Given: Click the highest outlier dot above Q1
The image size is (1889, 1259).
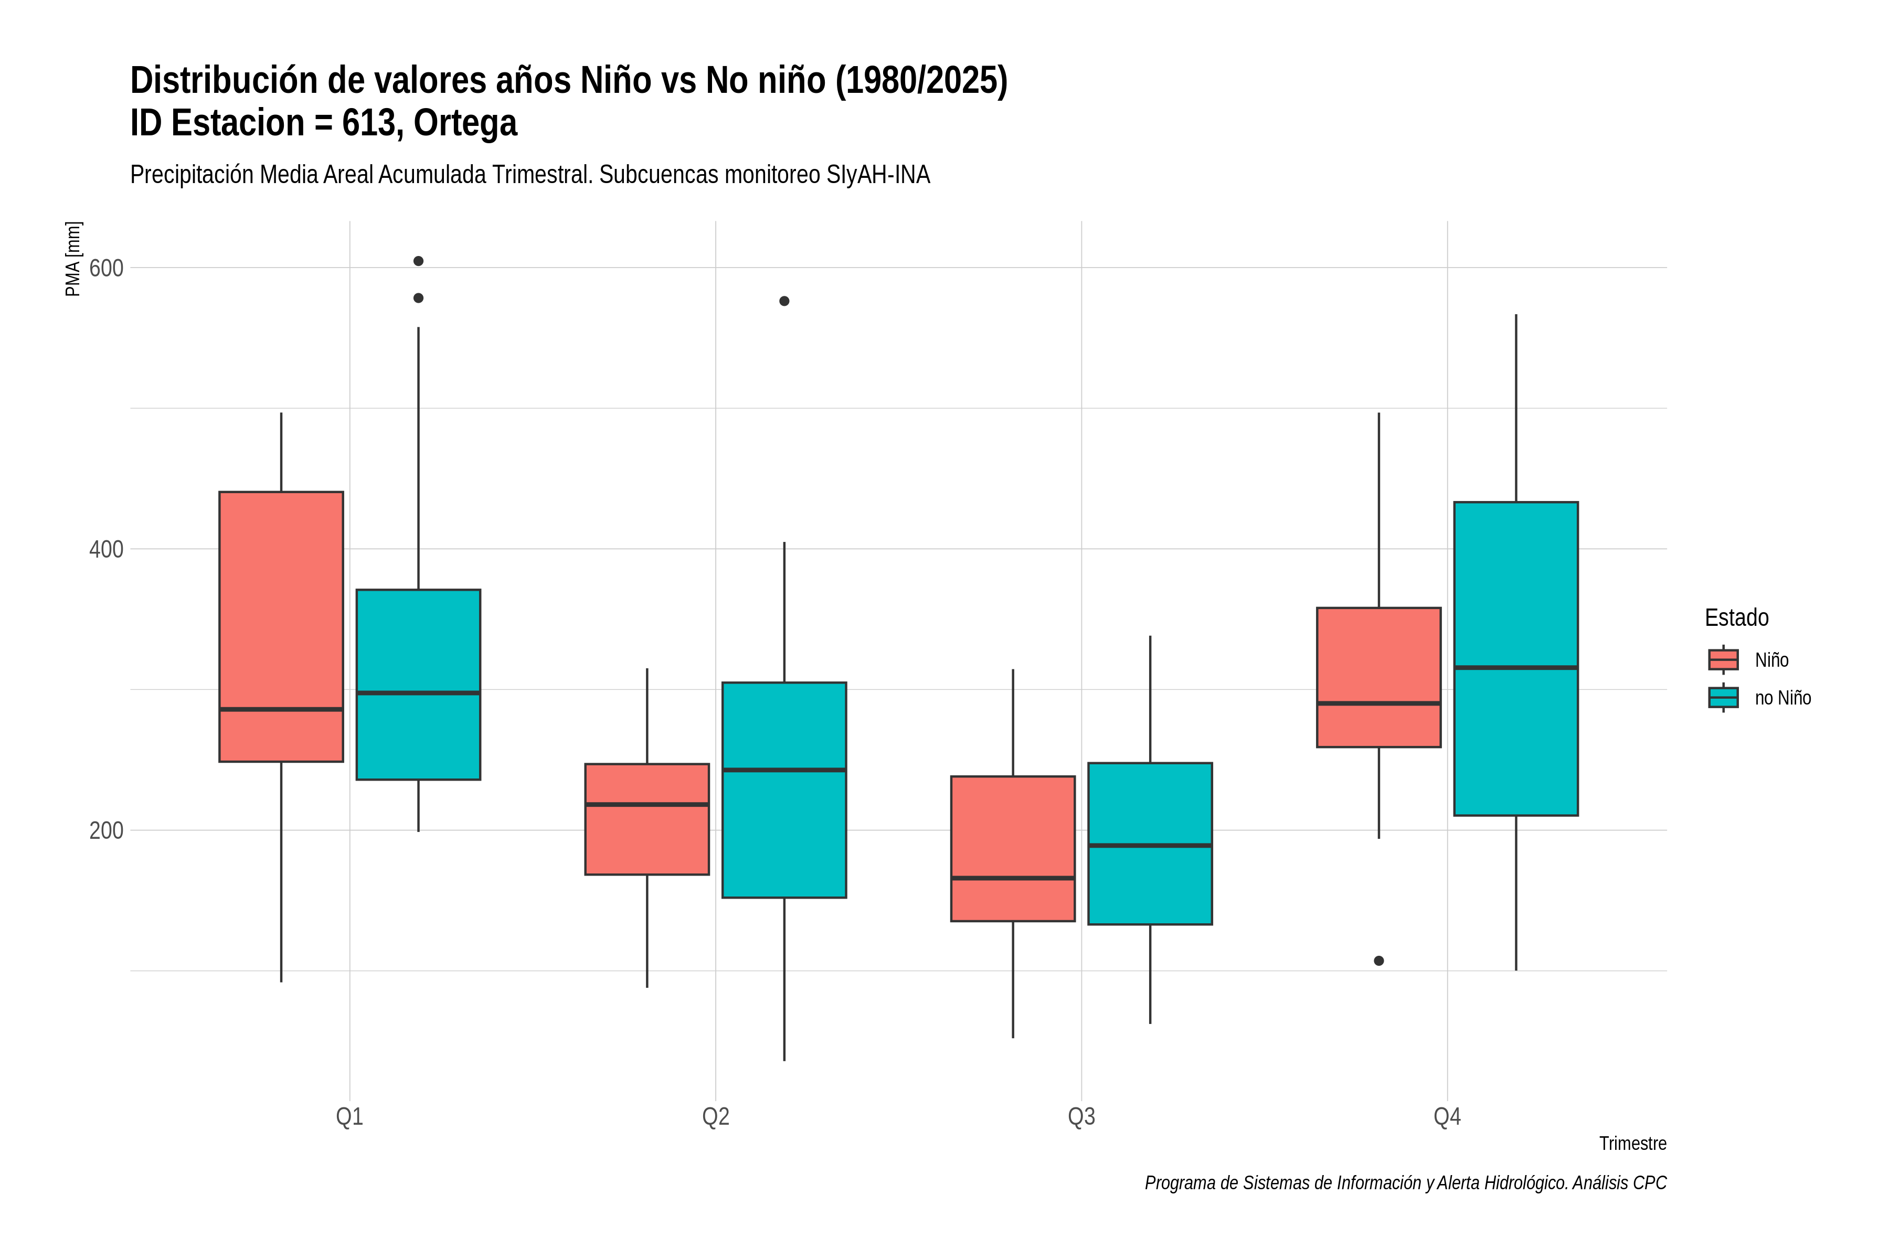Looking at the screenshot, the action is [x=418, y=261].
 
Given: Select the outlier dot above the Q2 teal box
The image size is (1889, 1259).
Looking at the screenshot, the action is [x=784, y=301].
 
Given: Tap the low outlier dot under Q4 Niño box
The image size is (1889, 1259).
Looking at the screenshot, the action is [x=1379, y=961].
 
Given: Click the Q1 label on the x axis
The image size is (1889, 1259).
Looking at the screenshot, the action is [x=349, y=1117].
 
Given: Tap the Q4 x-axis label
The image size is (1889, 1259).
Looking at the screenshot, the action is [x=1447, y=1117].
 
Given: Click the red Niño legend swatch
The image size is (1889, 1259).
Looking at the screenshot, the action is [x=1724, y=660].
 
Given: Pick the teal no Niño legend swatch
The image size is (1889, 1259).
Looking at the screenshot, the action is [x=1724, y=698].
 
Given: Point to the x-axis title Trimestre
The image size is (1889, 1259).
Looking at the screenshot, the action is [x=1633, y=1144].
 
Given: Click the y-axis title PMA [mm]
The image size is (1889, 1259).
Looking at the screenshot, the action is [x=73, y=259].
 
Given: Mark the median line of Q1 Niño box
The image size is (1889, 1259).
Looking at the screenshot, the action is [x=281, y=710].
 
